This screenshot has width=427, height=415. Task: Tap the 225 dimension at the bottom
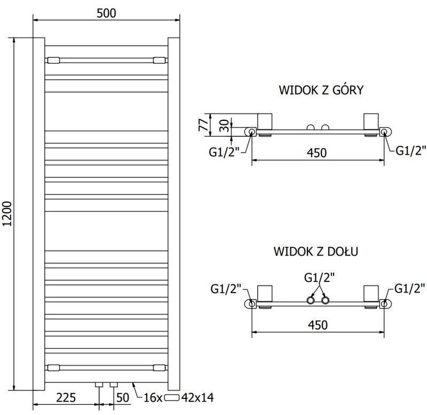66,397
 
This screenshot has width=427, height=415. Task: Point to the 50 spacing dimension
123,397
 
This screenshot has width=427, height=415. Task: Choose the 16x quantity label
153,397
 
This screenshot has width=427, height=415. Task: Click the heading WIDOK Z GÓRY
321,90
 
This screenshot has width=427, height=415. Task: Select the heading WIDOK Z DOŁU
316,250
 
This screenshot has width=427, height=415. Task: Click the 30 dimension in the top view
224,126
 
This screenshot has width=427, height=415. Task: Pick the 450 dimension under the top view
317,153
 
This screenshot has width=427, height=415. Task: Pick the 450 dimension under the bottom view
317,325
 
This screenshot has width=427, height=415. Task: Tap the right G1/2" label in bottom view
410,289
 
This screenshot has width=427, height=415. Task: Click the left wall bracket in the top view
265,121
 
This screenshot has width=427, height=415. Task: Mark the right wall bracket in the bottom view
370,294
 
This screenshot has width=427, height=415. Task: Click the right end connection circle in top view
384,132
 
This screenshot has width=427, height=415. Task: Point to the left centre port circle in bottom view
310,301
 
